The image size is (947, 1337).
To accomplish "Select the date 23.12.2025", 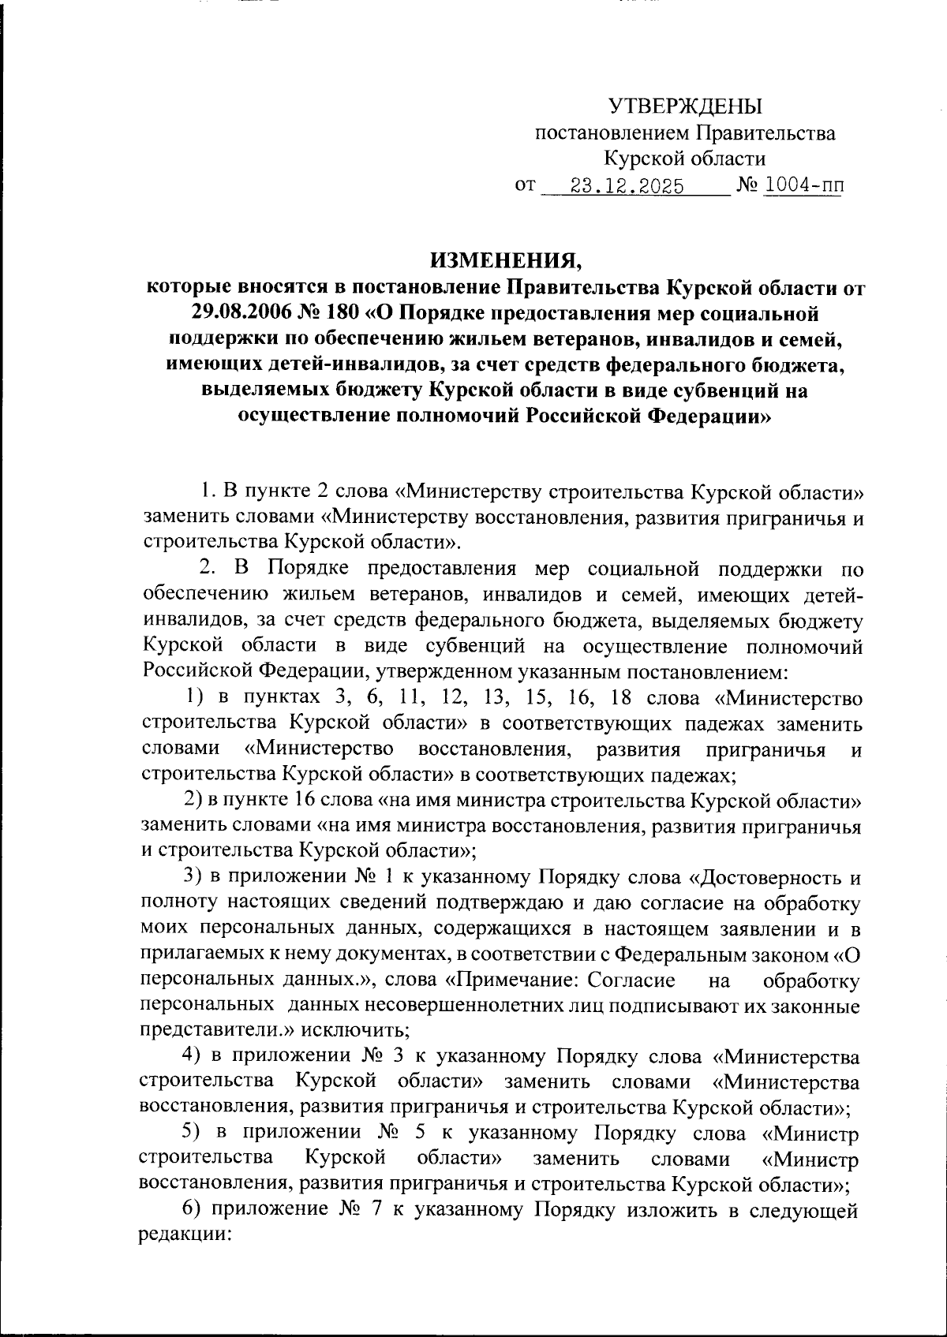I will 627,188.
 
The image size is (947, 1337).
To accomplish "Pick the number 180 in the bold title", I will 342,313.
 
